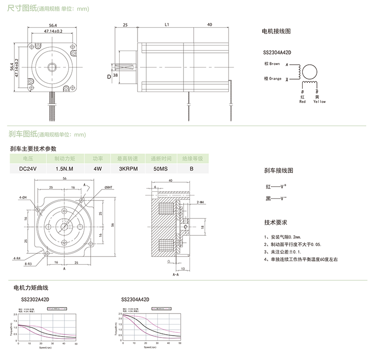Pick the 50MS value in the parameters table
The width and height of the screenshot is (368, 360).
pyautogui.click(x=160, y=168)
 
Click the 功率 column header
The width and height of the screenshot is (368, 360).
pyautogui.click(x=98, y=158)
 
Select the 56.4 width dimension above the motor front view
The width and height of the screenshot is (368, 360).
pyautogui.click(x=53, y=26)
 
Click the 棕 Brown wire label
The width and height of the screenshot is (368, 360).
pyautogui.click(x=273, y=64)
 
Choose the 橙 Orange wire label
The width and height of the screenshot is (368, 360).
pyautogui.click(x=272, y=79)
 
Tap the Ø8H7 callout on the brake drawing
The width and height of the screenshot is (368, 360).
pyautogui.click(x=109, y=187)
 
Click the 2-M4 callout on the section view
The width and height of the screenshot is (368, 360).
pyautogui.click(x=201, y=202)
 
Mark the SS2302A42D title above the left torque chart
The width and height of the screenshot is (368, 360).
pyautogui.click(x=35, y=299)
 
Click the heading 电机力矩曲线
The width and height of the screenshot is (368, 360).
pyautogui.click(x=31, y=287)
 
